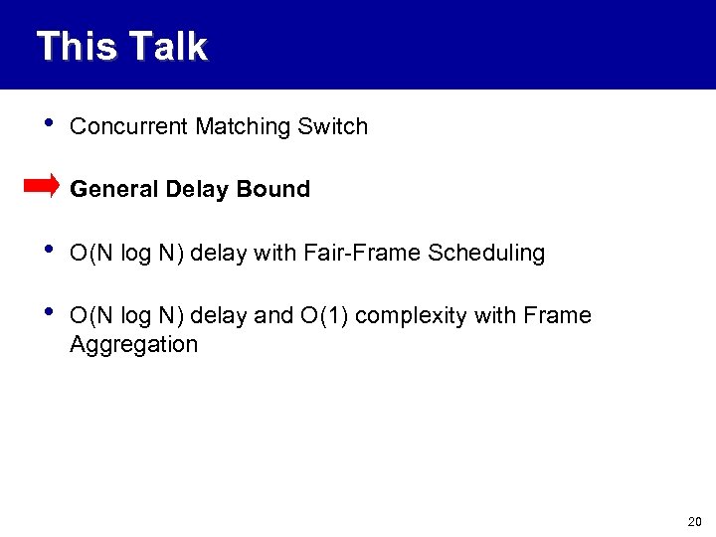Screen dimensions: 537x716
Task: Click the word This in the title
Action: (76, 47)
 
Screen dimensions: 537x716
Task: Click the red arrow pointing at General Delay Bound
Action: (42, 186)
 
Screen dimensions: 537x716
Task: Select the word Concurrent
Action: (129, 126)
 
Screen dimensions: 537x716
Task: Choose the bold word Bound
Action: (268, 189)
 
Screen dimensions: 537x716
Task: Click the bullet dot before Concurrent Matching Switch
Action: (39, 124)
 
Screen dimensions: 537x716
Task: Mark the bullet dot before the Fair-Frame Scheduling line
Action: (39, 251)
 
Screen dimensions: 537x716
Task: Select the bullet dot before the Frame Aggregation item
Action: (39, 313)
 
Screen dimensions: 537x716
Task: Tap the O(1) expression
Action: (322, 316)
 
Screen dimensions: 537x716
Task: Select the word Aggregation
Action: (133, 345)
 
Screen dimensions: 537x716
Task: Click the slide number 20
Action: (693, 522)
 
